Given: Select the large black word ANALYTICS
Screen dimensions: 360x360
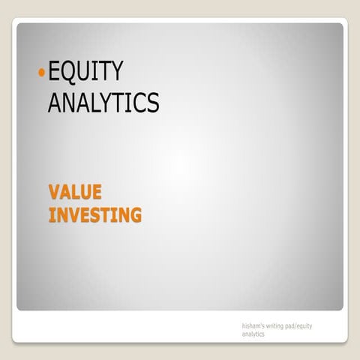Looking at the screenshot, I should [103, 102].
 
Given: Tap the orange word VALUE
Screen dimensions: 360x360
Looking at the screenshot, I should [75, 192].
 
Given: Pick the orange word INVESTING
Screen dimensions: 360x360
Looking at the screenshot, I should [94, 215].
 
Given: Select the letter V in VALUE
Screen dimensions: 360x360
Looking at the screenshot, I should [55, 192].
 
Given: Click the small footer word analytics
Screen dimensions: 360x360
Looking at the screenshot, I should [253, 334].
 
